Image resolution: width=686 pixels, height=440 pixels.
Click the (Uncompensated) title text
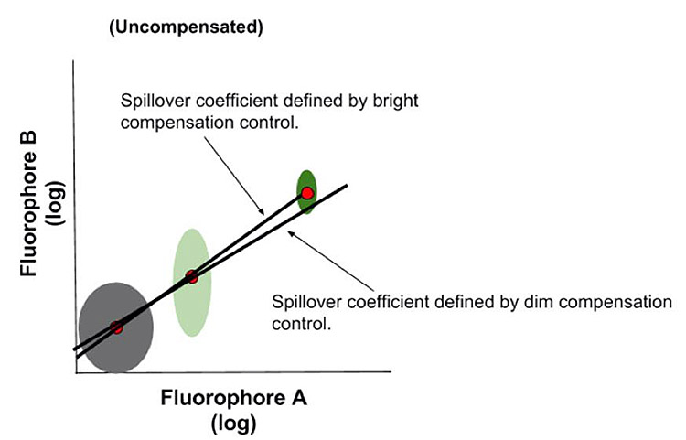tap(186, 27)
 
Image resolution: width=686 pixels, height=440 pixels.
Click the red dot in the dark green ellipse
tap(308, 193)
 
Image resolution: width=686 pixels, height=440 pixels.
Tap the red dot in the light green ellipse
tap(192, 276)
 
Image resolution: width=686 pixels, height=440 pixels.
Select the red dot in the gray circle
tap(116, 327)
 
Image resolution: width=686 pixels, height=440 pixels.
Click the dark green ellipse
tap(307, 178)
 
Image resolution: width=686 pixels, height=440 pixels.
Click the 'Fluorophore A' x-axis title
tap(234, 399)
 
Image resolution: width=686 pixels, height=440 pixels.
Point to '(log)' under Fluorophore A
tap(233, 424)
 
